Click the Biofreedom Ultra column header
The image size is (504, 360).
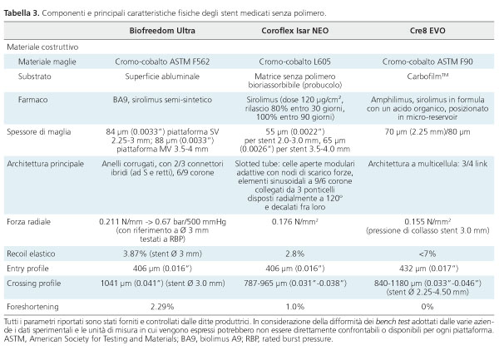point(162,31)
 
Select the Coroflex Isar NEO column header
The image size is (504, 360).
point(294,31)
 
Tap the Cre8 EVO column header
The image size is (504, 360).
point(427,31)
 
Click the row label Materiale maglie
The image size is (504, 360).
point(47,62)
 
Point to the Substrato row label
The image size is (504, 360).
point(34,76)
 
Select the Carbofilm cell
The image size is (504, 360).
point(427,76)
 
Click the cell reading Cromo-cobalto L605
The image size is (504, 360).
point(294,62)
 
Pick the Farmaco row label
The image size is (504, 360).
point(32,100)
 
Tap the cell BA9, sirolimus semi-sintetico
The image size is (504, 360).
point(162,100)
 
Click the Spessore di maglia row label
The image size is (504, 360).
point(39,132)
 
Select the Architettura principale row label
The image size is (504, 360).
point(45,164)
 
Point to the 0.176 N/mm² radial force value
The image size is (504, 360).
point(294,222)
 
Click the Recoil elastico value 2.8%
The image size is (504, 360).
point(294,254)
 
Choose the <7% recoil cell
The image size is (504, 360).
point(427,254)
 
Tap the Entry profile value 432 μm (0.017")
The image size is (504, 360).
point(427,269)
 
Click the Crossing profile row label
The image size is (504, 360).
point(34,284)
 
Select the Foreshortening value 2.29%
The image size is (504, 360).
point(162,307)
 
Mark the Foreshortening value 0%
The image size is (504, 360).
point(427,307)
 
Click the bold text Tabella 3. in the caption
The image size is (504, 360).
point(22,13)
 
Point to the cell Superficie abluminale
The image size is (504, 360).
point(162,76)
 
